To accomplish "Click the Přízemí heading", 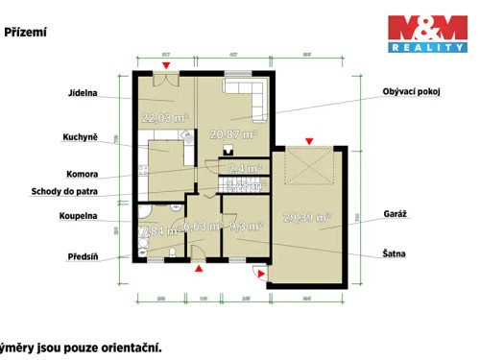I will pos(26,32).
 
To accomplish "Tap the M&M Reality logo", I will pos(425,33).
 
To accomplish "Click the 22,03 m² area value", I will pos(162,119).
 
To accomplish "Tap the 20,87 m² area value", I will pos(233,135).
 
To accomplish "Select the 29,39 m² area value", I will pos(307,218).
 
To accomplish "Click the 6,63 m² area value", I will pos(202,228).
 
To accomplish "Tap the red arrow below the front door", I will pos(198,271).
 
